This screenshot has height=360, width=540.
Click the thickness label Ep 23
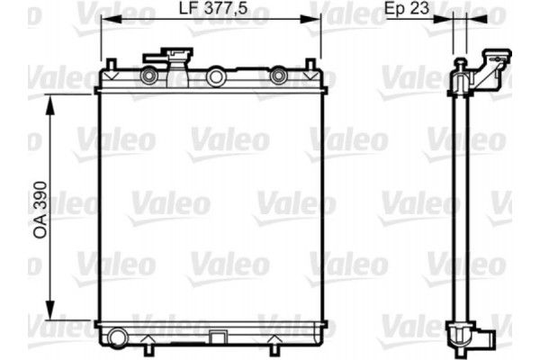pyautogui.click(x=406, y=11)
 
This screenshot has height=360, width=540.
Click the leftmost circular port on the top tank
pyautogui.click(x=148, y=76)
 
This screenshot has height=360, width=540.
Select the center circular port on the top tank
pyautogui.click(x=215, y=77)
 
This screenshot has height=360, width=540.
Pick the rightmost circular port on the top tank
pyautogui.click(x=279, y=76)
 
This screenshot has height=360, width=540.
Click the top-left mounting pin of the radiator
pyautogui.click(x=109, y=66)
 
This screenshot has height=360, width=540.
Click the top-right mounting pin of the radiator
pyautogui.click(x=312, y=66)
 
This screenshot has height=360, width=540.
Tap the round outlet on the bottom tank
pyautogui.click(x=114, y=339)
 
